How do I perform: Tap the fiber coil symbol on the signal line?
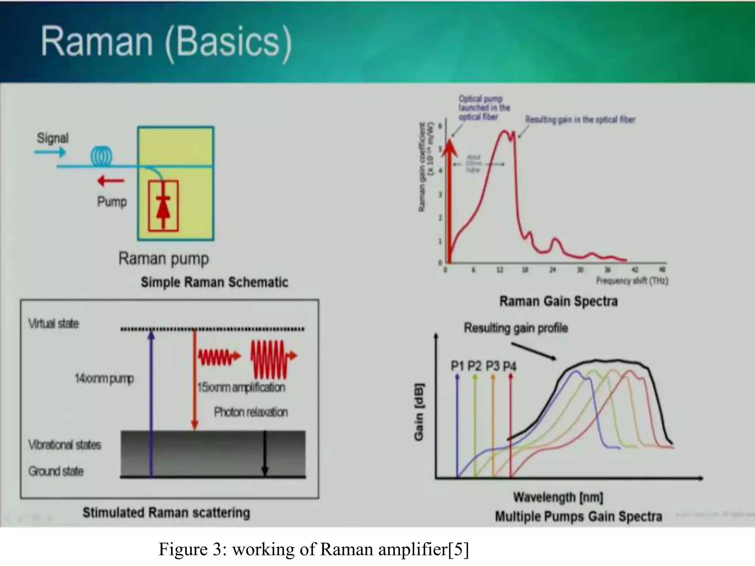click(101, 157)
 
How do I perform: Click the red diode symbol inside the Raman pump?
click(163, 206)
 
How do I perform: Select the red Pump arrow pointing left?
click(111, 181)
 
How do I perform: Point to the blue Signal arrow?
click(50, 152)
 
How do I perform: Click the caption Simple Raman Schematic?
click(214, 282)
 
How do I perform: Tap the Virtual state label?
click(53, 324)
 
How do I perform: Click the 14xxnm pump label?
click(104, 378)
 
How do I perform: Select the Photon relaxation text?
click(251, 412)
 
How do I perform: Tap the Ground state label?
click(56, 471)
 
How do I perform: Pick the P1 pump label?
click(457, 366)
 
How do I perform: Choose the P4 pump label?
click(510, 366)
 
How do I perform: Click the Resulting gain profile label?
click(516, 328)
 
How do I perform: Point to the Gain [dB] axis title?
click(419, 412)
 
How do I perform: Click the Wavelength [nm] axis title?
click(558, 497)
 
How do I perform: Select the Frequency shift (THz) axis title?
click(632, 281)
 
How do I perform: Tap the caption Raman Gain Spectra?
click(558, 301)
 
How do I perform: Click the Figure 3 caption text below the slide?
click(313, 549)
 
